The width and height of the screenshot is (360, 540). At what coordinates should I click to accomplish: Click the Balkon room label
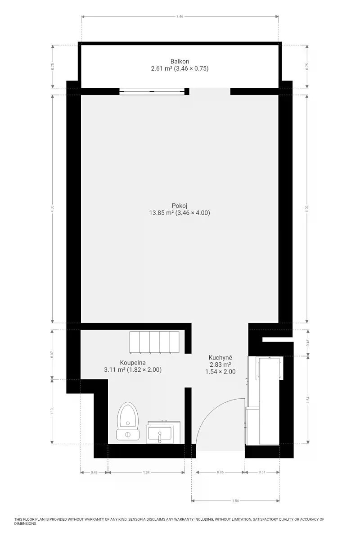click(x=180, y=61)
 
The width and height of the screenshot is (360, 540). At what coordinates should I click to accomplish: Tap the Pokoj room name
click(x=180, y=206)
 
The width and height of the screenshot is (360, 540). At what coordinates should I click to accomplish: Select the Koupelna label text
click(x=133, y=363)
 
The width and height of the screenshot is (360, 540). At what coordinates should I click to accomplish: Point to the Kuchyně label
click(x=220, y=357)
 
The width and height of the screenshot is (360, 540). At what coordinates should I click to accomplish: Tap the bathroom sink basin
click(x=160, y=433)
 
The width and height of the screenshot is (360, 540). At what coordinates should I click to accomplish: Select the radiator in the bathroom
click(x=154, y=342)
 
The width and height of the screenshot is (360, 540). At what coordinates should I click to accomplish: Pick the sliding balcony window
click(x=152, y=91)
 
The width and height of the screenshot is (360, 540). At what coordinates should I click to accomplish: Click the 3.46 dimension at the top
click(x=180, y=17)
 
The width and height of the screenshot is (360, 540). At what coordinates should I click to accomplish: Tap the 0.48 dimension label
click(x=94, y=472)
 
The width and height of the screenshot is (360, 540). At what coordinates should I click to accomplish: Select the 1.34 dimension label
click(x=146, y=472)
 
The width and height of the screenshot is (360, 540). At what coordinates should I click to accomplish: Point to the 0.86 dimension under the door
click(x=220, y=472)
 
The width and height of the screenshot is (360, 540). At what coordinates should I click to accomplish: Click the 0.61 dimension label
click(x=262, y=472)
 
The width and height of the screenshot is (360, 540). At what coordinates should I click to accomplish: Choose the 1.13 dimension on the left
click(x=52, y=411)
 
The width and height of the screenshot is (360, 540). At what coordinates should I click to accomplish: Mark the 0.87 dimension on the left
click(x=52, y=355)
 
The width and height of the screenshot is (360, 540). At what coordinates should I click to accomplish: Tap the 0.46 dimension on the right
click(x=308, y=343)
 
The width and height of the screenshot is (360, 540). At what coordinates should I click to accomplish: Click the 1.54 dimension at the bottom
click(x=235, y=501)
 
